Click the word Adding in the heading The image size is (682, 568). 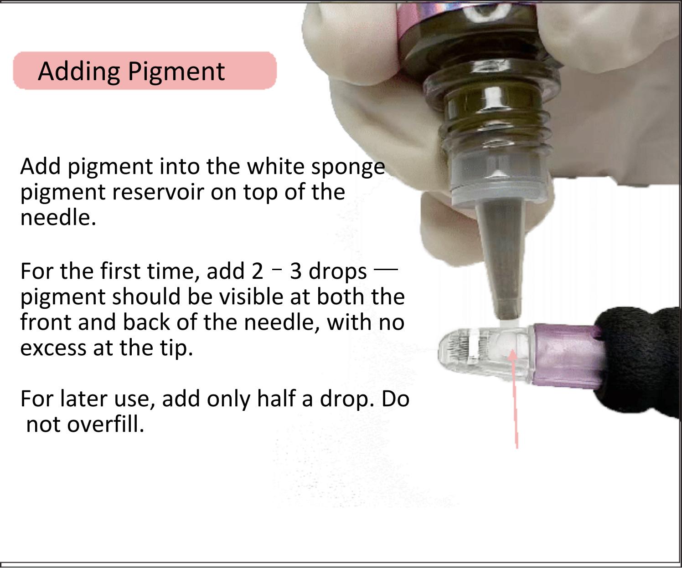point(79,72)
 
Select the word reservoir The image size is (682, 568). point(157,193)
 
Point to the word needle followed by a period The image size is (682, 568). point(58,218)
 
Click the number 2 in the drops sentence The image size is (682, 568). point(258,271)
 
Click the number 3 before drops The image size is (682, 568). point(295,271)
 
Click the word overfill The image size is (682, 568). point(105,425)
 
